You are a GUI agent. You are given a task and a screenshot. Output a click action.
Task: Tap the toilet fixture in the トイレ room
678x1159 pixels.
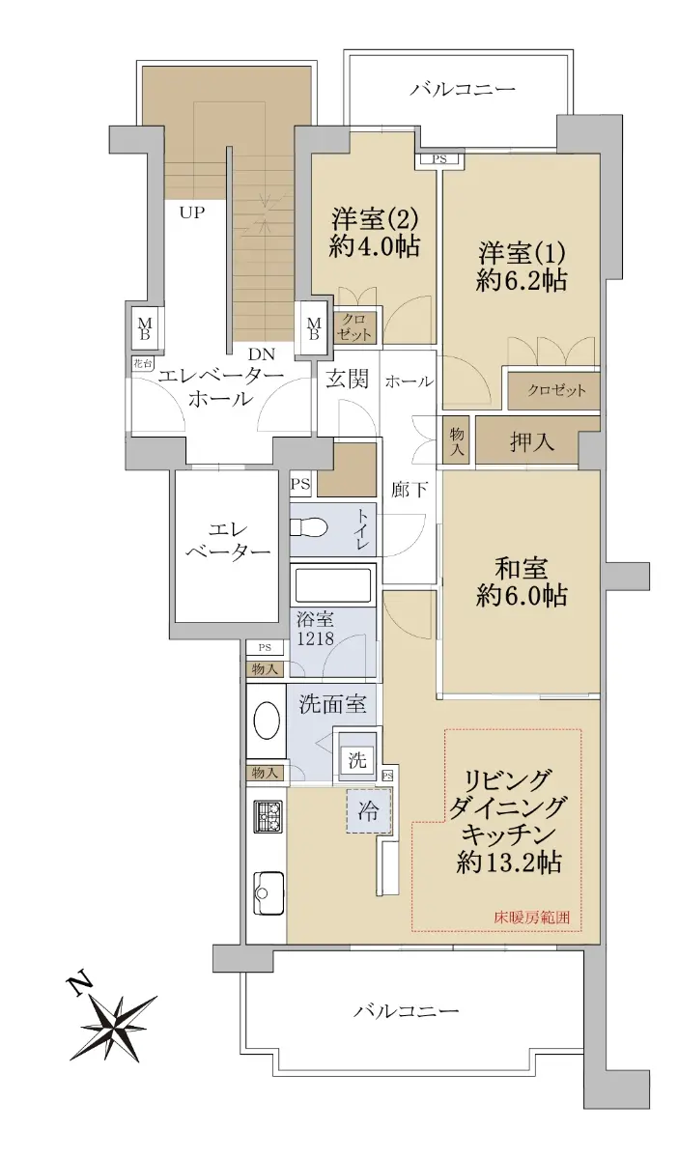tap(308, 528)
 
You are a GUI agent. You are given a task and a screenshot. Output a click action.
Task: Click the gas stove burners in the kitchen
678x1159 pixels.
tap(268, 816)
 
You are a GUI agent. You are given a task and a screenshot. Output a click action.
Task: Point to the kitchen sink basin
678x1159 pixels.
tap(268, 893)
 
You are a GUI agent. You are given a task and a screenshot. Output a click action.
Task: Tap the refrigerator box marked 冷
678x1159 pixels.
tap(368, 811)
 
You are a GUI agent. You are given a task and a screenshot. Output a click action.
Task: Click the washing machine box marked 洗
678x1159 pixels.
tap(357, 759)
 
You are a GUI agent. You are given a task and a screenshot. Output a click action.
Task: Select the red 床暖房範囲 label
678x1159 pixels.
tap(530, 918)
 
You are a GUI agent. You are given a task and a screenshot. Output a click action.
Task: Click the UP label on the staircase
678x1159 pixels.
tap(192, 212)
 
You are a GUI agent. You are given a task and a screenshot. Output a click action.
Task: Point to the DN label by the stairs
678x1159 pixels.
tap(262, 354)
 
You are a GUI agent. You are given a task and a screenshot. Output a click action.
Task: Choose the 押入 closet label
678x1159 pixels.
tap(532, 442)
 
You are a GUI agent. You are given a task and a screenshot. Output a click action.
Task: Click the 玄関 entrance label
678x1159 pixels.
tap(348, 380)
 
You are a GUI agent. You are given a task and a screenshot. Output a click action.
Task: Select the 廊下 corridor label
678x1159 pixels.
tap(410, 490)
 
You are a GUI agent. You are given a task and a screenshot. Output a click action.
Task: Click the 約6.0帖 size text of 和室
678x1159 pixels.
tap(522, 596)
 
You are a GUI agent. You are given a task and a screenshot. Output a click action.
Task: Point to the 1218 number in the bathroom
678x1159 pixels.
tap(315, 638)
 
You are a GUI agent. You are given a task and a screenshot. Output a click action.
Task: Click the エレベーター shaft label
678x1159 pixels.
tap(228, 541)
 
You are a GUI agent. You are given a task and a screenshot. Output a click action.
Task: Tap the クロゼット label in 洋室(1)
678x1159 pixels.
tap(557, 390)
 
